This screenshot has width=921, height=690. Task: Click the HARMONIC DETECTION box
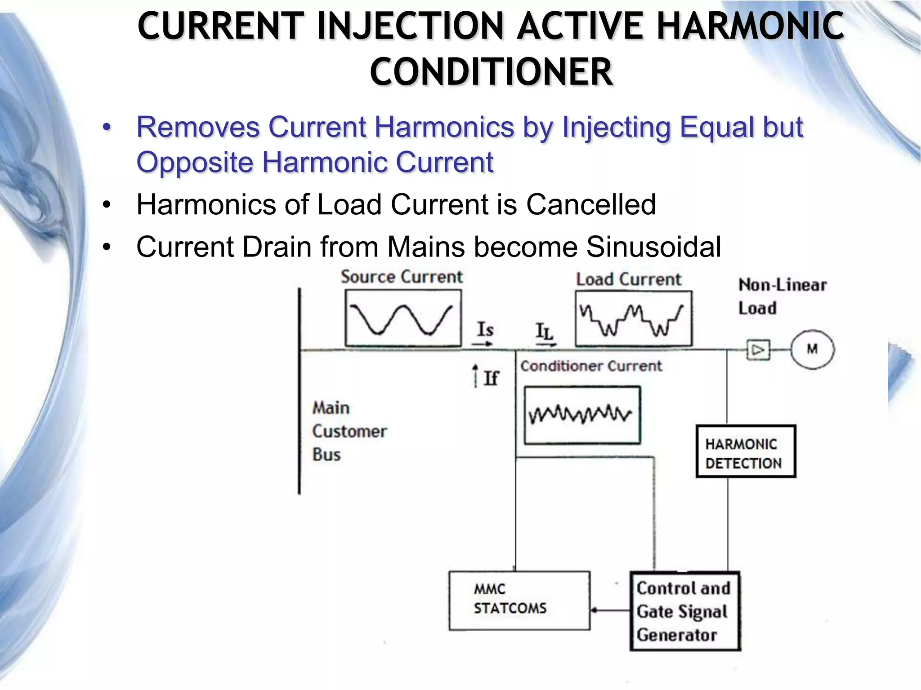click(x=746, y=451)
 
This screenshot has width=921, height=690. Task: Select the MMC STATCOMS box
click(x=519, y=600)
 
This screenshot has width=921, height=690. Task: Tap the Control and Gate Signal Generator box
click(x=685, y=611)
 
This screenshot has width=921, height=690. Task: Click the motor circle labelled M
click(x=812, y=349)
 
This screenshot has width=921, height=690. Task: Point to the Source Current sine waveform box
click(x=403, y=318)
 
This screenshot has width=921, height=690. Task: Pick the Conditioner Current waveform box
click(x=582, y=415)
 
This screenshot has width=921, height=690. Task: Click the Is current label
click(x=485, y=330)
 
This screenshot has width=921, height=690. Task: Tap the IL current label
click(x=544, y=332)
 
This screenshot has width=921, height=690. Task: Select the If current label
click(x=491, y=378)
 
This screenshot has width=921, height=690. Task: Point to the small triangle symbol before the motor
click(x=758, y=350)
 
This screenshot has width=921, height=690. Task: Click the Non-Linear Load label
click(x=782, y=296)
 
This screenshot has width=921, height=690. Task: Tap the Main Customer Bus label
click(x=349, y=431)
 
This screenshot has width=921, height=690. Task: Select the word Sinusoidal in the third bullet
click(x=653, y=247)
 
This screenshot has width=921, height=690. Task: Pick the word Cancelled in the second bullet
click(x=590, y=205)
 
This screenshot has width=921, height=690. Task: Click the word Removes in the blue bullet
click(x=198, y=127)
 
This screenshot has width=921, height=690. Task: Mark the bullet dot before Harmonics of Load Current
click(x=107, y=205)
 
